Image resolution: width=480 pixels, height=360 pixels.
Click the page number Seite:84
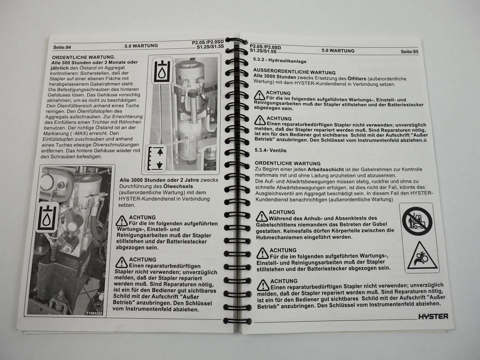click(62, 47)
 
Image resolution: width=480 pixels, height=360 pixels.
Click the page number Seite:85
click(409, 52)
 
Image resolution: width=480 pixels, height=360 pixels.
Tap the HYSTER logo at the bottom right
click(433, 316)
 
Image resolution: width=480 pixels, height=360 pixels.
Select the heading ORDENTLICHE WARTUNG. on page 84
click(84, 57)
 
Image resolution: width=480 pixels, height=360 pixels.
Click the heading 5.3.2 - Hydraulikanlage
click(280, 60)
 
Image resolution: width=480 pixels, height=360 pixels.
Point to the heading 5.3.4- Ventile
click(270, 150)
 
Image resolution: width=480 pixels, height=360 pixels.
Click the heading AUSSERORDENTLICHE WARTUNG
click(294, 72)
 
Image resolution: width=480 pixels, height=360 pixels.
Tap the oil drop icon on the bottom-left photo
click(47, 217)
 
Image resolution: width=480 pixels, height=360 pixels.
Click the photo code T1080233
click(94, 313)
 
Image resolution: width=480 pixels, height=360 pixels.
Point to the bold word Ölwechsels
click(178, 186)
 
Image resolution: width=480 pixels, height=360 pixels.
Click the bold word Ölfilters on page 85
click(357, 78)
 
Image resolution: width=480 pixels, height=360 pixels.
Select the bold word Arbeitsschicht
click(325, 169)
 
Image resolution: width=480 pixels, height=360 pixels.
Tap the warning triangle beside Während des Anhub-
click(262, 216)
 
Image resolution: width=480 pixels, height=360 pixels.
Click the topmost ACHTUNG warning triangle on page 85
click(259, 95)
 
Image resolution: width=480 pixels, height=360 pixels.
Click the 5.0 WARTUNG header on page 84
click(141, 46)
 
